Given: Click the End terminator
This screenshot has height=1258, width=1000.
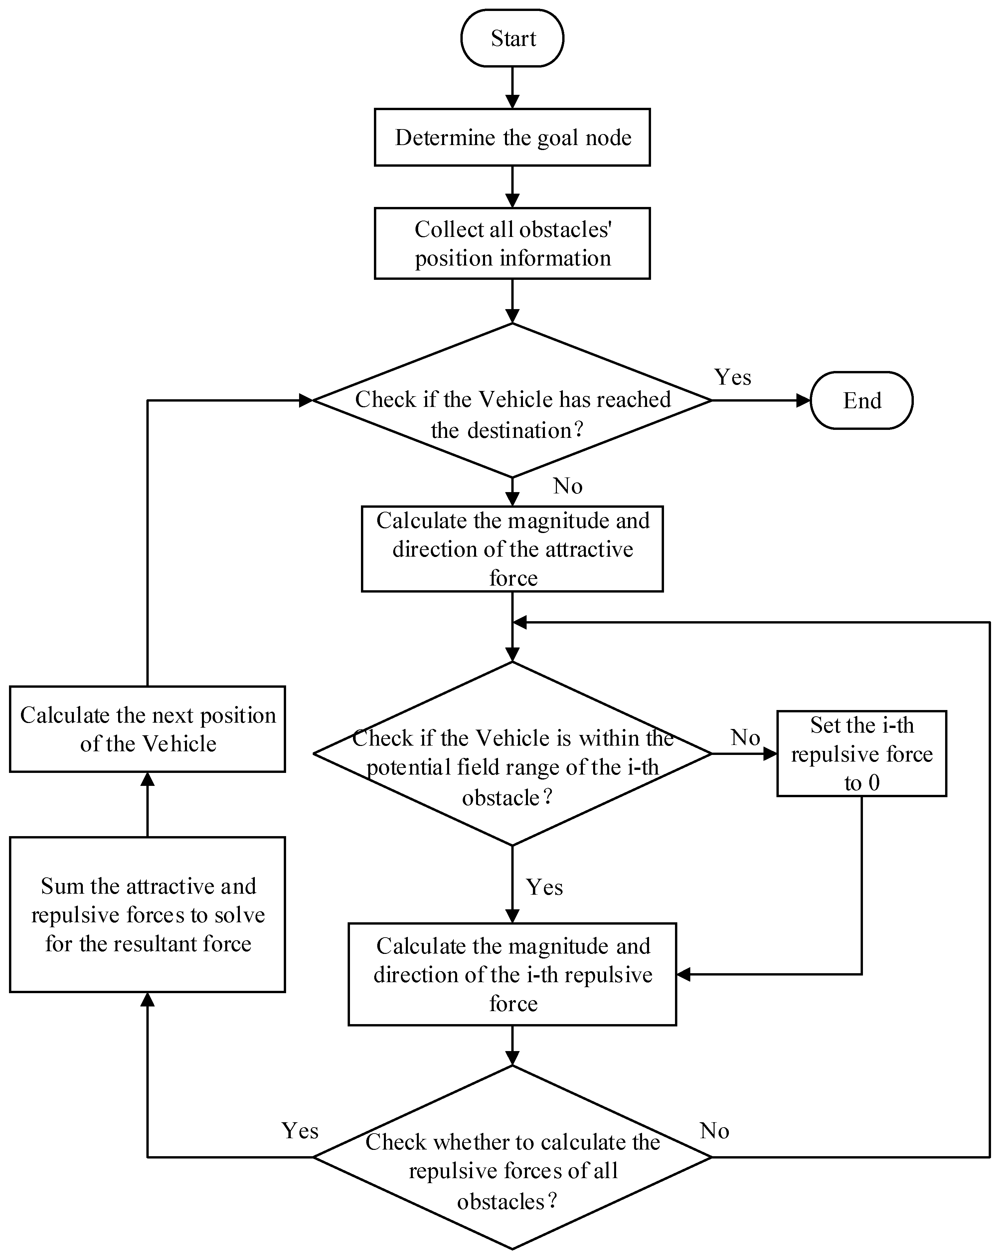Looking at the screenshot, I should click(861, 400).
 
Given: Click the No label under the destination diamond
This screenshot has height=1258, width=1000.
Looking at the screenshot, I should click(567, 485).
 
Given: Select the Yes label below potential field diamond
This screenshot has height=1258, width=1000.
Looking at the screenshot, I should click(544, 887).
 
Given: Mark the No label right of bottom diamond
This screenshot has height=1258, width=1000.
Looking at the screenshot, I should click(714, 1131).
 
